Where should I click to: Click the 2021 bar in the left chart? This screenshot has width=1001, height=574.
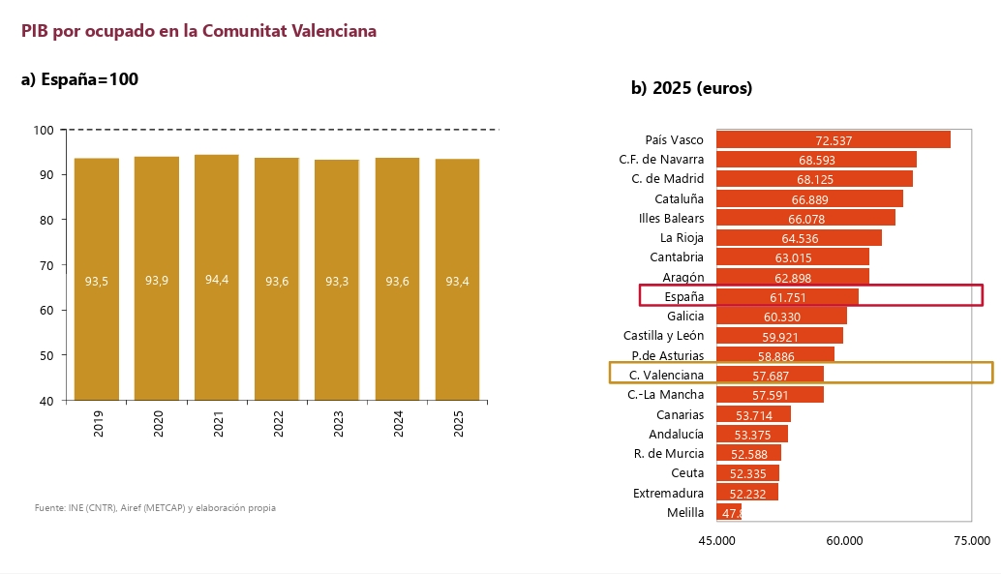(217, 278)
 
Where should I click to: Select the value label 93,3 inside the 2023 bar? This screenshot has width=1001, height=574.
(337, 282)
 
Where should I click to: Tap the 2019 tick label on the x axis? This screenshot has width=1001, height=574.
(99, 423)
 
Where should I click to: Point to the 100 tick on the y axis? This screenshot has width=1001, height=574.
(44, 131)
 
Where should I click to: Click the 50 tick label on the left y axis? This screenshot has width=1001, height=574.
(46, 355)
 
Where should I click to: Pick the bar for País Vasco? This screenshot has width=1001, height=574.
(834, 139)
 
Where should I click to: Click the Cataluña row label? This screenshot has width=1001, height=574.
(680, 199)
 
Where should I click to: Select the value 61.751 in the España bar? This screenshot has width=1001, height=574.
(788, 297)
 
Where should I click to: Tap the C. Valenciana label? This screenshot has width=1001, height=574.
(666, 376)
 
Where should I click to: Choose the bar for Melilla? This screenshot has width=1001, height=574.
(729, 512)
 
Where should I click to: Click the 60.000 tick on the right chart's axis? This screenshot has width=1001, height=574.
(844, 541)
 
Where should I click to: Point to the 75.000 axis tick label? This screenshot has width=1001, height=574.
(972, 541)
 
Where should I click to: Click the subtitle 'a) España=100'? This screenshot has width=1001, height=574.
(79, 79)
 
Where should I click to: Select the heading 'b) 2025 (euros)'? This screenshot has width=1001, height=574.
(691, 88)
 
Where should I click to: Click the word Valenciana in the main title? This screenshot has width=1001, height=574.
(334, 31)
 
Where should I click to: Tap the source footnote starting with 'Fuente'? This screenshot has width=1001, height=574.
(155, 507)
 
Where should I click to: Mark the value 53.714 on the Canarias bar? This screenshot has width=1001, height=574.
(754, 415)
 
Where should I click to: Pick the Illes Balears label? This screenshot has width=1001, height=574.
(672, 219)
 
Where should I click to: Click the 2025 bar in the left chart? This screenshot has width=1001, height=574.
(457, 280)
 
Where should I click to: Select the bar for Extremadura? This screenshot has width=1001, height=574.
(747, 493)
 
